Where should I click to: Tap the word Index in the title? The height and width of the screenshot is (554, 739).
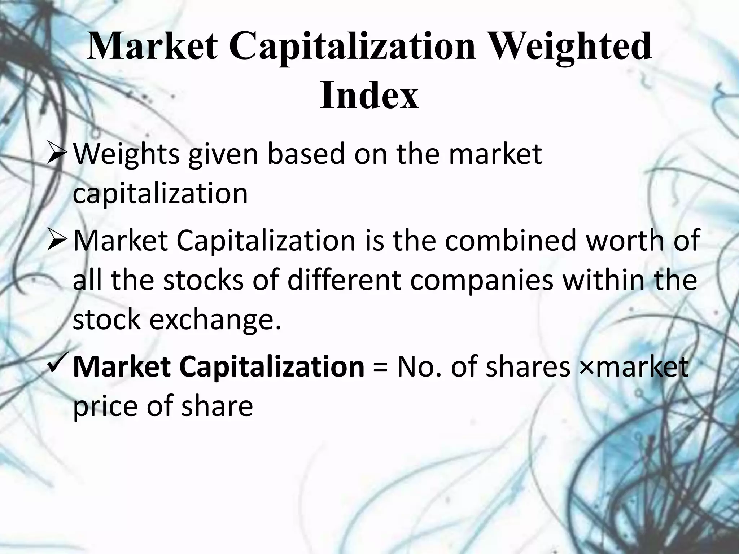[369, 96]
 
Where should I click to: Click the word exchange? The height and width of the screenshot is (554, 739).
[215, 320]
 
